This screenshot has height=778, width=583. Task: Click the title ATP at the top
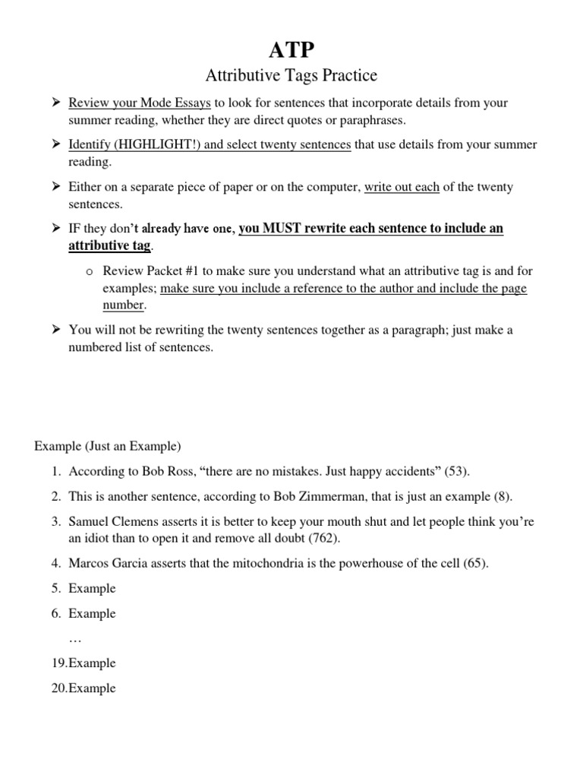(x=291, y=50)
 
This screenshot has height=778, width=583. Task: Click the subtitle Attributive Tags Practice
(x=291, y=76)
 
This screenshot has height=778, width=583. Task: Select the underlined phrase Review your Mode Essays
(x=140, y=103)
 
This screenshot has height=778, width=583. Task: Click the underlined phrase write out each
(x=402, y=187)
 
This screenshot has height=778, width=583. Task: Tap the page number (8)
(x=502, y=497)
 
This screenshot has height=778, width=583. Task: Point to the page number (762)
(x=323, y=538)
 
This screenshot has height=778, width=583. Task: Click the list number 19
(x=59, y=663)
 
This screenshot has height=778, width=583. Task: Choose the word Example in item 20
(x=92, y=688)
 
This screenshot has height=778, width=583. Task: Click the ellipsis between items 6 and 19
(x=75, y=638)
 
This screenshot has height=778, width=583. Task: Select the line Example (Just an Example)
(x=108, y=446)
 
